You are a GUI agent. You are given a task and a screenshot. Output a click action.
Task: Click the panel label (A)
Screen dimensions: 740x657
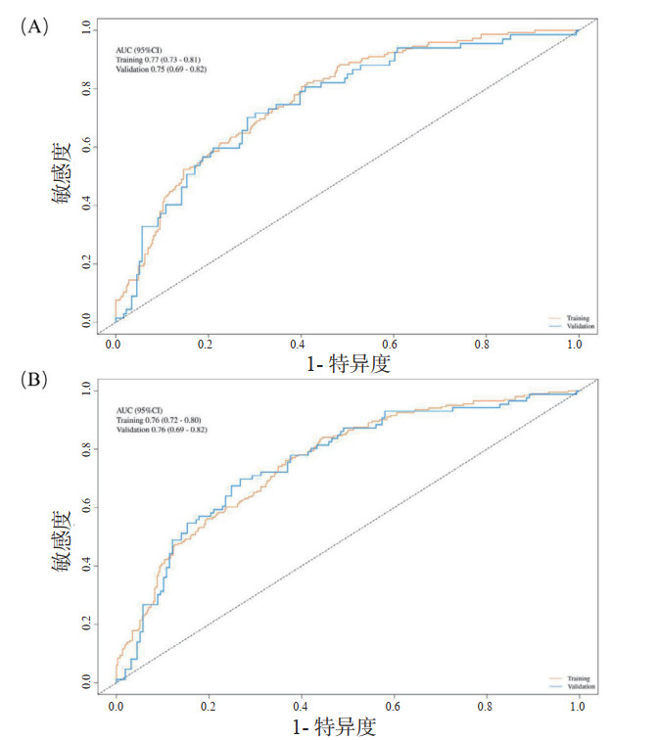click(x=34, y=27)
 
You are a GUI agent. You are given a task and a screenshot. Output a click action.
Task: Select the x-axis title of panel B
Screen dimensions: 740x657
click(x=335, y=725)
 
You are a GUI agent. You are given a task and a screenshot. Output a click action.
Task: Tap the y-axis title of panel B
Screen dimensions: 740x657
click(x=63, y=536)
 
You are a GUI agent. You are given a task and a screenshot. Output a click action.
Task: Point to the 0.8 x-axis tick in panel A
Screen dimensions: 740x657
click(x=484, y=345)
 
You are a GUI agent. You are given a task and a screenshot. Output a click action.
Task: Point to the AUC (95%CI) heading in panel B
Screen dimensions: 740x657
click(x=138, y=410)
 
